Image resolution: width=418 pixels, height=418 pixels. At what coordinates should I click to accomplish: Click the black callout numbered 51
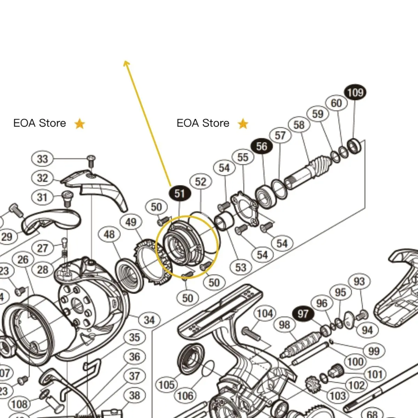point(179,194)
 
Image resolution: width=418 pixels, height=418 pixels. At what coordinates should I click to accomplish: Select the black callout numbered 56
point(262,146)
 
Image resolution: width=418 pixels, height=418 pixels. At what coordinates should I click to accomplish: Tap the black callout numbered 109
point(355,93)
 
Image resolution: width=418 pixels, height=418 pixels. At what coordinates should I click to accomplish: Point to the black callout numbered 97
point(303,314)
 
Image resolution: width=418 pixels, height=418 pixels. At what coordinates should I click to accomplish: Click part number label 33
point(42,159)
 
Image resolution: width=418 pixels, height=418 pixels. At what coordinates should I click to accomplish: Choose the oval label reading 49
point(131,222)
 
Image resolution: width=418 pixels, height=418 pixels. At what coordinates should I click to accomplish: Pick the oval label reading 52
point(201,181)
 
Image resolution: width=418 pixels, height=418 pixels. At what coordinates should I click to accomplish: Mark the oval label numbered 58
point(299,125)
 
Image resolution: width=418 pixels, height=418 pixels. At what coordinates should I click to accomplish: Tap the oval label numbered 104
point(265,313)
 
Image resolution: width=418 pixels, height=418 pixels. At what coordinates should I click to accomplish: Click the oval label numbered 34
point(149,320)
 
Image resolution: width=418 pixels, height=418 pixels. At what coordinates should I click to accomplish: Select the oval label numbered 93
point(359,281)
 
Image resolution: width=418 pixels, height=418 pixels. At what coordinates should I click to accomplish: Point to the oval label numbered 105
point(167,385)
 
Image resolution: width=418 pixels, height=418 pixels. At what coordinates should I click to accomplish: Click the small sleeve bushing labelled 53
point(222,222)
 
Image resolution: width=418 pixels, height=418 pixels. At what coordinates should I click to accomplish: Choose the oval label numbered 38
point(134,396)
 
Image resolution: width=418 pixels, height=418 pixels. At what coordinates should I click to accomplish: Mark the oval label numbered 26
point(23,260)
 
